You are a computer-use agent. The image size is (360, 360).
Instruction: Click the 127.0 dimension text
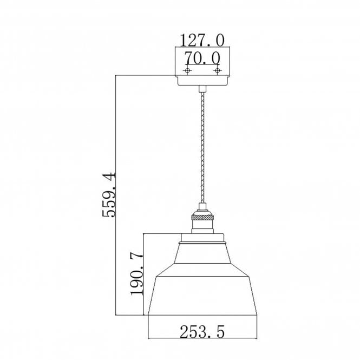(x=202, y=41)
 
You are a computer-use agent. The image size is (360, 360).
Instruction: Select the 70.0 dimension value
(x=202, y=58)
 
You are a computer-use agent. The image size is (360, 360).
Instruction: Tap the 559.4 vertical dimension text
(x=109, y=195)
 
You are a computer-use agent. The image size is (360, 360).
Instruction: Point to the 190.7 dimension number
(x=136, y=274)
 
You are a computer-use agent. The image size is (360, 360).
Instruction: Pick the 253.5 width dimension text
(x=202, y=332)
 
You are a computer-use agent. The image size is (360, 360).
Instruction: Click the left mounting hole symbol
(x=187, y=70)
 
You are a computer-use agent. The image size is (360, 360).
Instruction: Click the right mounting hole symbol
(x=217, y=70)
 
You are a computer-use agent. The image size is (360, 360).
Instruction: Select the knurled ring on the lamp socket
(x=202, y=217)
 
